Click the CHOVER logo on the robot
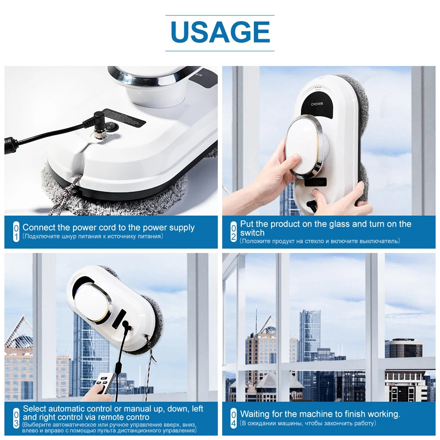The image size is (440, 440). [317, 104]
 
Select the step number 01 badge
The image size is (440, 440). [16, 232]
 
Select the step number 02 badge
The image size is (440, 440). [234, 232]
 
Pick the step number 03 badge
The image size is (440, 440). [16, 418]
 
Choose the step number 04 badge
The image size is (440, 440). [234, 418]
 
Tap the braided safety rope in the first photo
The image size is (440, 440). [66, 194]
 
